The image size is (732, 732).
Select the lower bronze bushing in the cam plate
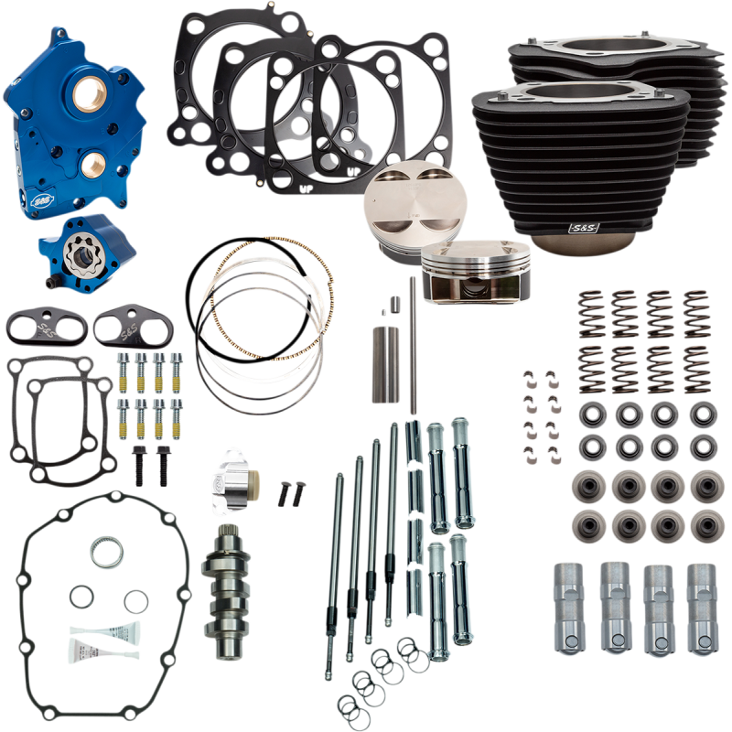coord(94,166)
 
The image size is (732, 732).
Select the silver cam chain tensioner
coord(232,479)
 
